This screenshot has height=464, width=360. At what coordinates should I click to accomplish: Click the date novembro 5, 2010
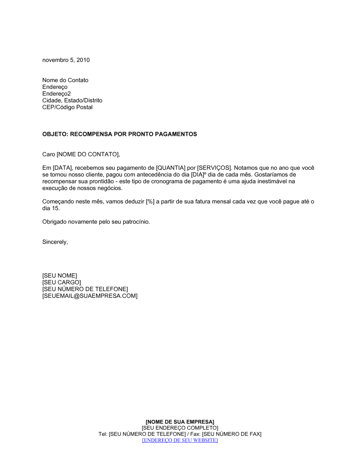point(66,60)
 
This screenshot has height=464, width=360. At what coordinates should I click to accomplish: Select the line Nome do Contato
point(65,80)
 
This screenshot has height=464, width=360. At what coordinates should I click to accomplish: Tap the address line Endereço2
point(57,94)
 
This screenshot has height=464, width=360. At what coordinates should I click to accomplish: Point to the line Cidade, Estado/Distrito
point(72,100)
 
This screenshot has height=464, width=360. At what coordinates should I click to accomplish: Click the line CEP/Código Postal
point(67,107)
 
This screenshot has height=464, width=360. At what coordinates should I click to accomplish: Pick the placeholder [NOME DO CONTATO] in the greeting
point(88,155)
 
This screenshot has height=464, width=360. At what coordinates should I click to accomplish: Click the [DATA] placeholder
point(63,168)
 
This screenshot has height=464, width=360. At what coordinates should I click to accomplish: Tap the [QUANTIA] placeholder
point(171,168)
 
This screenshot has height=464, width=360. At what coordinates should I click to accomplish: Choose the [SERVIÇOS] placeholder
point(214,168)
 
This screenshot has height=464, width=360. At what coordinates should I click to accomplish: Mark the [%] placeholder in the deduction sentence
point(150,202)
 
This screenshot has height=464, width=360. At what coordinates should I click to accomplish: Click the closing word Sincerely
point(55,242)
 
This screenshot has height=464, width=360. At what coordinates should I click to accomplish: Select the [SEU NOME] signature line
point(59,276)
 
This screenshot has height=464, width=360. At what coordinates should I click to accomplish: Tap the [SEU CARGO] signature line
point(62,283)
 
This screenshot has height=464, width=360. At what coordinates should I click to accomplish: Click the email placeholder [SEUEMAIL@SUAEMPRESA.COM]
point(90,296)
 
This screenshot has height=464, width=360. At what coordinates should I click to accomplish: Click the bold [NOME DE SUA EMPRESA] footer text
point(180,422)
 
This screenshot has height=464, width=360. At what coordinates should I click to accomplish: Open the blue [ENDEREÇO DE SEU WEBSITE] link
point(180,440)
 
